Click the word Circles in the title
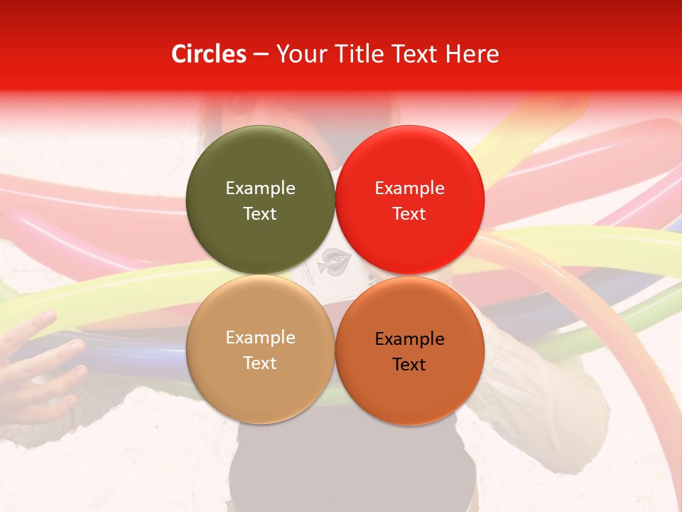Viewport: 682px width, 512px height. [x=208, y=54]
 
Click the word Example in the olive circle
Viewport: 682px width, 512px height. [x=260, y=188]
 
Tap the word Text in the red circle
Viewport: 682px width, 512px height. [x=409, y=213]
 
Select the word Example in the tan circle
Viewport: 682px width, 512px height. [x=260, y=337]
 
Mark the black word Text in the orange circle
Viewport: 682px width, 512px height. [x=409, y=364]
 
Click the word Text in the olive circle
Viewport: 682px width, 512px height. [x=260, y=213]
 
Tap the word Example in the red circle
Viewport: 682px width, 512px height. [x=409, y=188]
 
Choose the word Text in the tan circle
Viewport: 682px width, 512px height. [x=260, y=363]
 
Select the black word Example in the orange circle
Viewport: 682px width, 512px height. [x=409, y=338]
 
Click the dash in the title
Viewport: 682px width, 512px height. [x=260, y=54]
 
